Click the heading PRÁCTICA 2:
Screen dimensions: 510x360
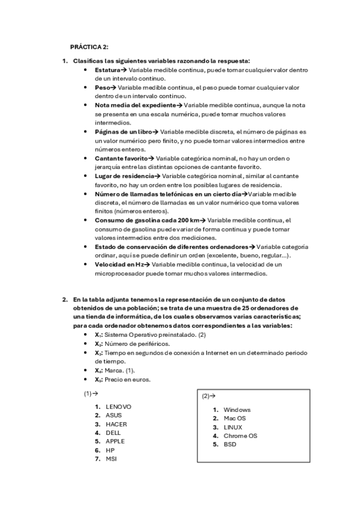[89, 46]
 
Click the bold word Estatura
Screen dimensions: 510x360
[107, 70]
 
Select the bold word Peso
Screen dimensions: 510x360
[102, 87]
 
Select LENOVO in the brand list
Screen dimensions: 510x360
[118, 407]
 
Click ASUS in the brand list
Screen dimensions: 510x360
[114, 415]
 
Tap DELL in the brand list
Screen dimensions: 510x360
[114, 432]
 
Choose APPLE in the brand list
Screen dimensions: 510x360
[115, 441]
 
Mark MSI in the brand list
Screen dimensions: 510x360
[111, 458]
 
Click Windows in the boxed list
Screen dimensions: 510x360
[237, 410]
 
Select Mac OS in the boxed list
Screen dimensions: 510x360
[235, 418]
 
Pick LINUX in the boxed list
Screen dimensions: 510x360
[233, 427]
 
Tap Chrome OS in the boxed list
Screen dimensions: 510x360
[240, 435]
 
